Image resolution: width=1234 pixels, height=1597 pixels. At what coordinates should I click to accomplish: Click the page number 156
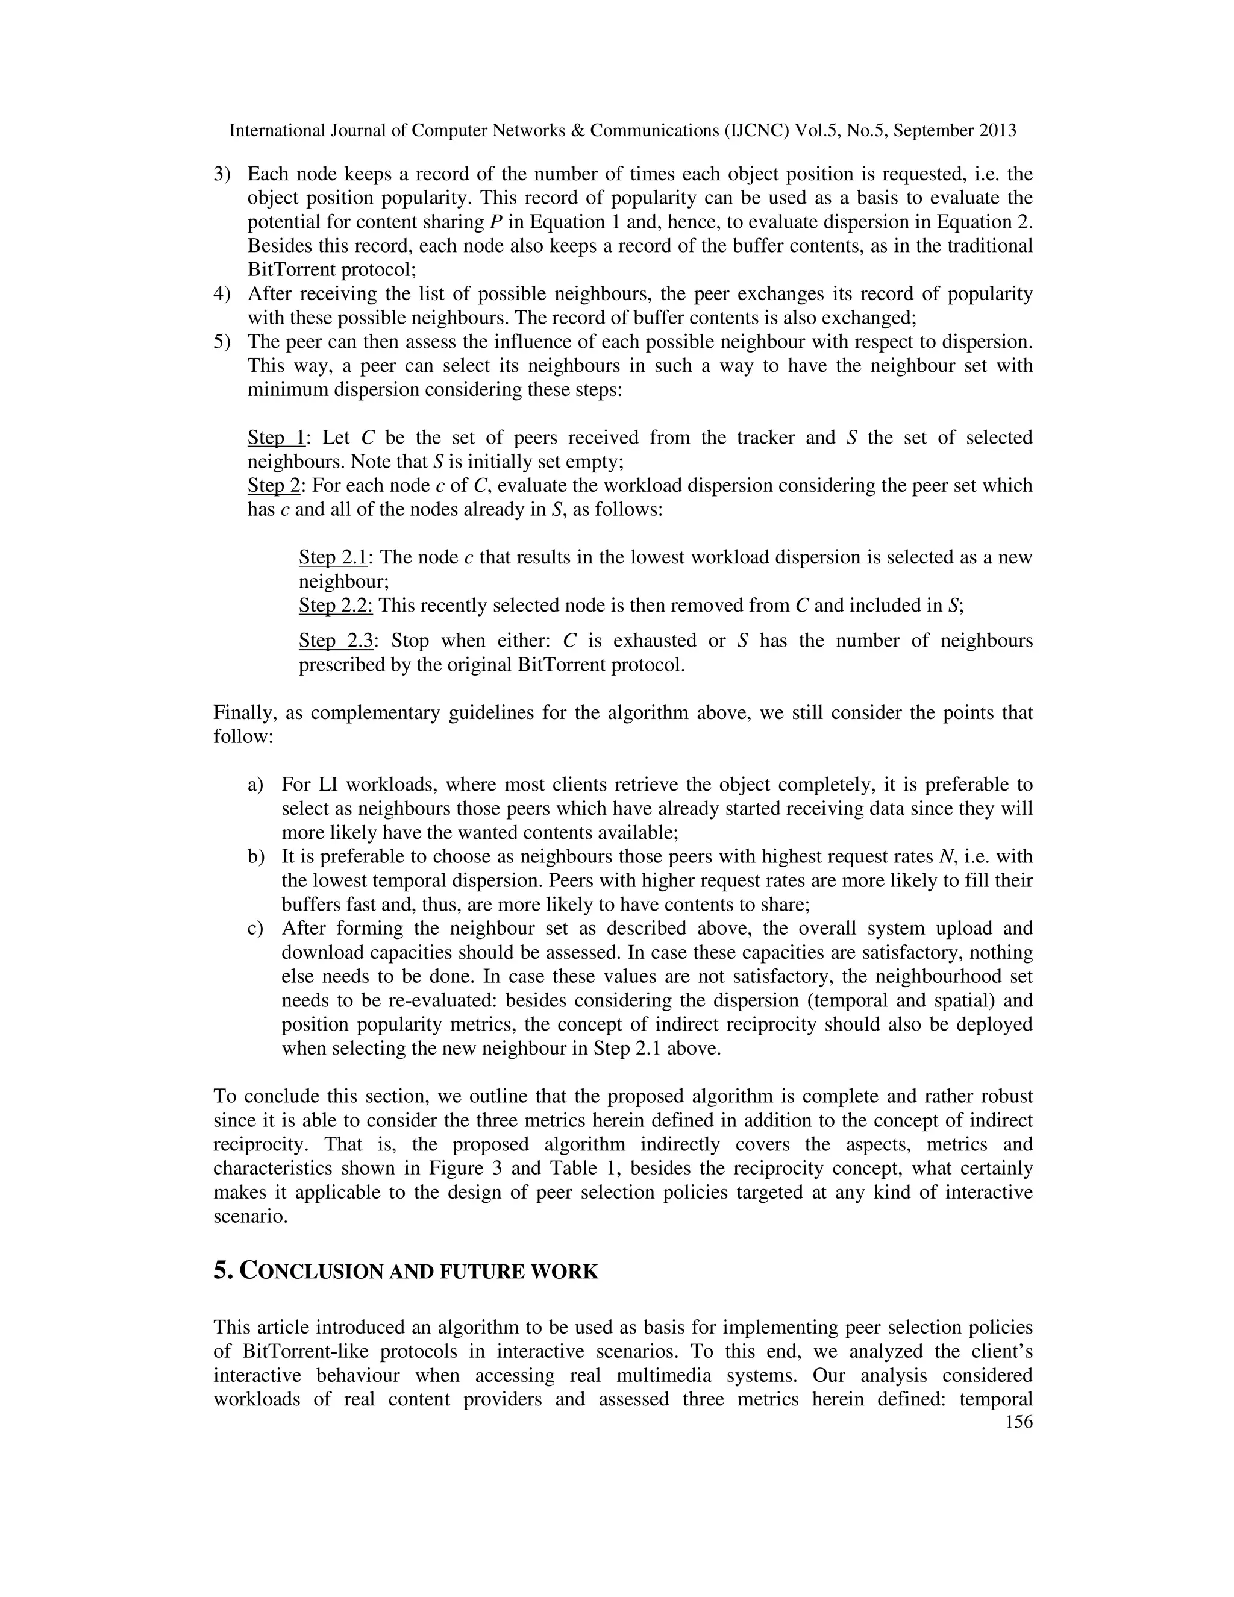pos(1019,1422)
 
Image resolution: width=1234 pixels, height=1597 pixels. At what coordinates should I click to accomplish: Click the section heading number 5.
pos(222,1271)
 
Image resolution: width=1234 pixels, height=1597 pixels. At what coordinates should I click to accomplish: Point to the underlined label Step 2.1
pos(333,557)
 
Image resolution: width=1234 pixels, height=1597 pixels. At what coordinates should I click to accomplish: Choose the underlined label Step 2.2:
pos(336,606)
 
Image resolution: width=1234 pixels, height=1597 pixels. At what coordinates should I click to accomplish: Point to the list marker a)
pos(255,785)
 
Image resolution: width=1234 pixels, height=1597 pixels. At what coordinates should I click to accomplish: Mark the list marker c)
pos(255,928)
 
